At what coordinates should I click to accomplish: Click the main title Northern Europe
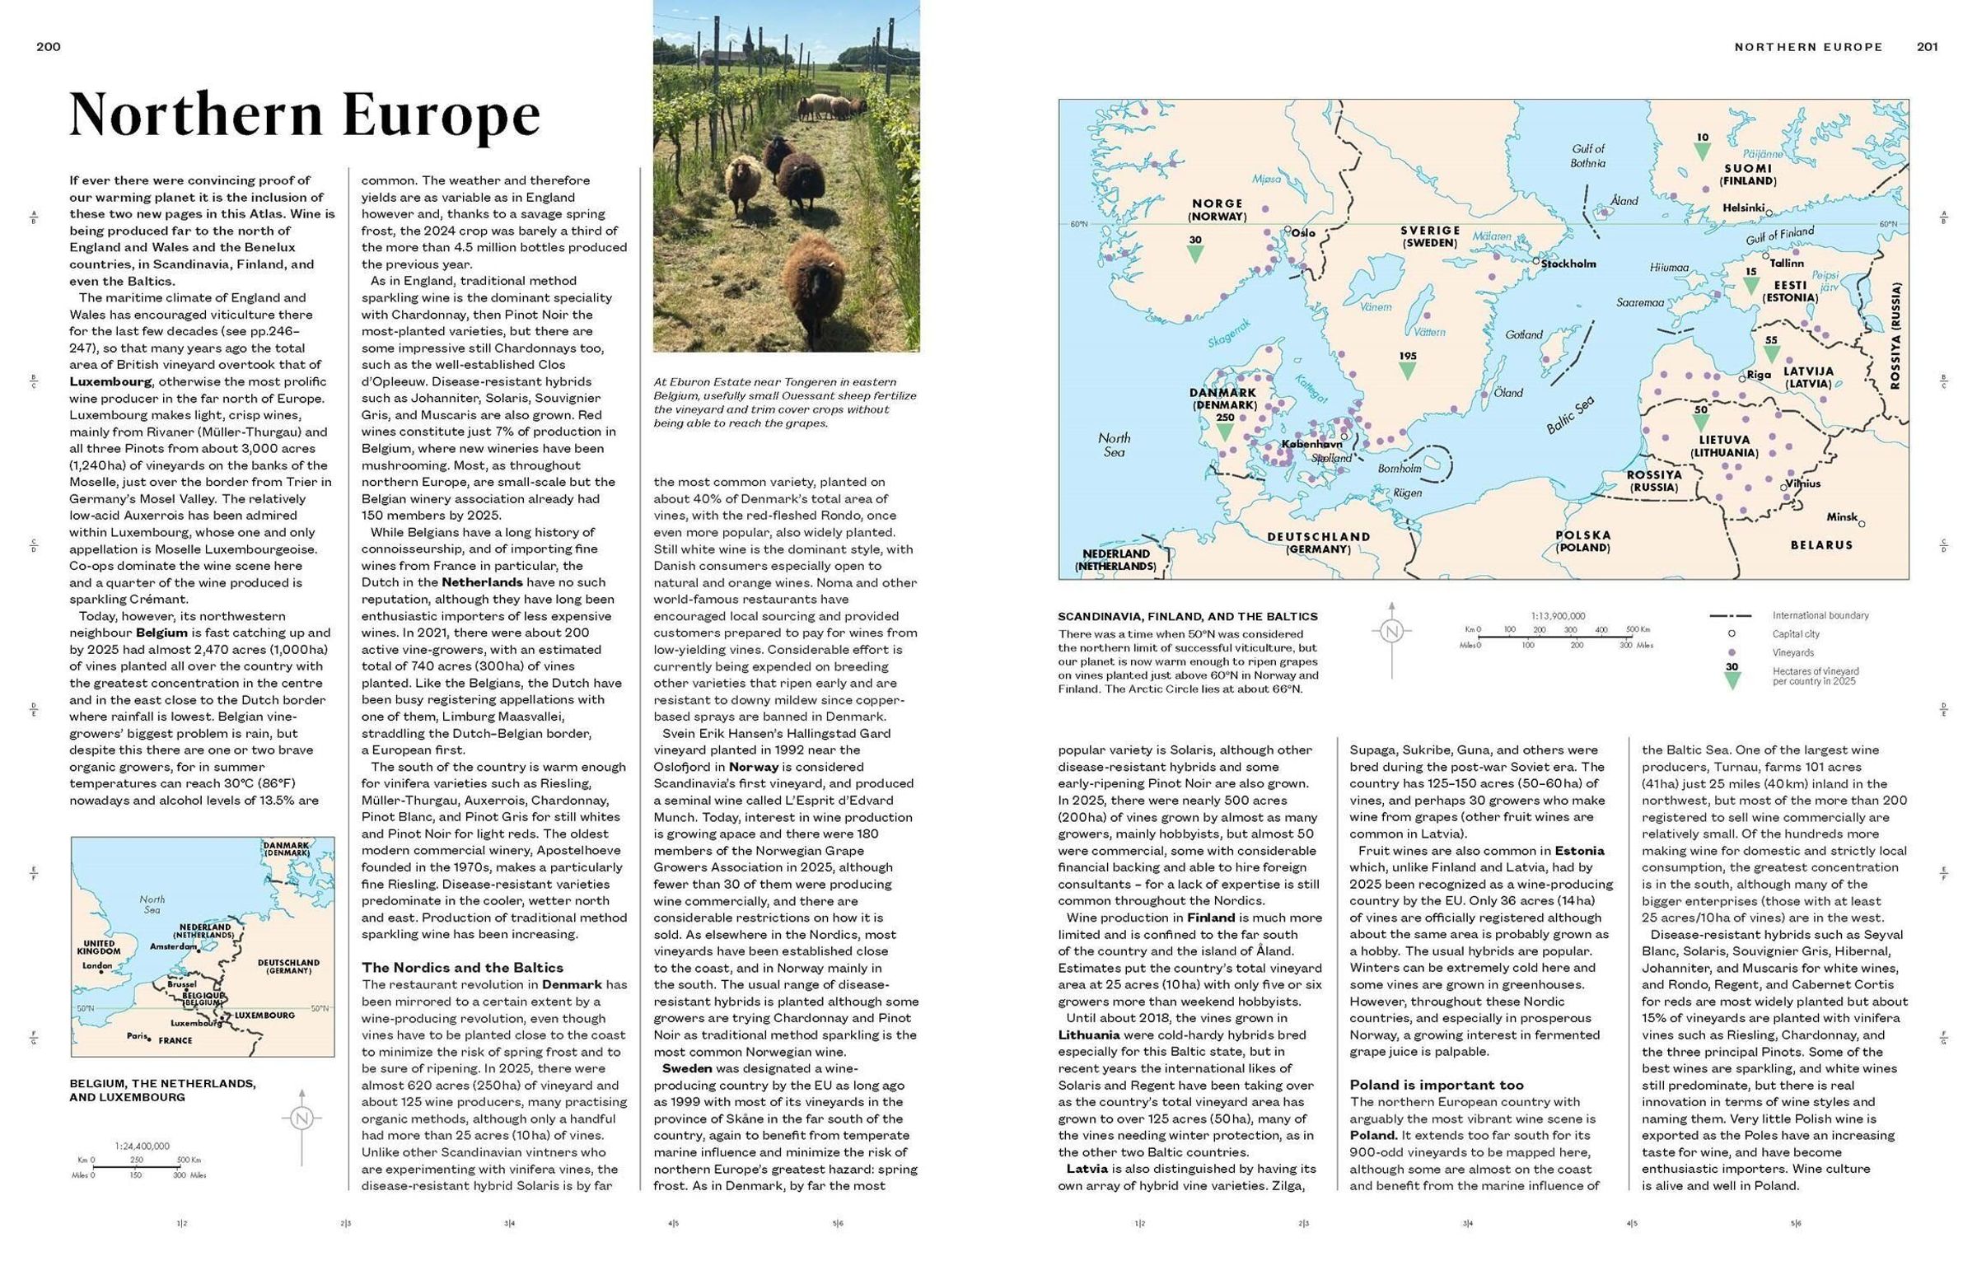304,114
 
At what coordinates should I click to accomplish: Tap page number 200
49,47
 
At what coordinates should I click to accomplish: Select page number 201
1927,47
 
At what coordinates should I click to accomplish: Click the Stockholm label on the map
1568,264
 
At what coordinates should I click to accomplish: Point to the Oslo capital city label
1302,232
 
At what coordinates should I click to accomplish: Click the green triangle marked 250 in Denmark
1225,432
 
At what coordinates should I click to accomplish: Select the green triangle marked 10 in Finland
1703,152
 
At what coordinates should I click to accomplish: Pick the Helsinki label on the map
1742,208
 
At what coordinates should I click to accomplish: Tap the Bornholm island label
1400,469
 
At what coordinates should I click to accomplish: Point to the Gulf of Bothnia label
1587,156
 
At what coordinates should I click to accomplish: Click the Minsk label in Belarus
1842,517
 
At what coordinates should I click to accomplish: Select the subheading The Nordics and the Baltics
462,967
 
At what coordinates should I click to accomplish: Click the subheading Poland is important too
1436,1085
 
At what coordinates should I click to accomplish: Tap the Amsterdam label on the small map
171,946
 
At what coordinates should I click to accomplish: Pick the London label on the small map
97,965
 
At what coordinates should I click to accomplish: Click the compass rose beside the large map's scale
1391,633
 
